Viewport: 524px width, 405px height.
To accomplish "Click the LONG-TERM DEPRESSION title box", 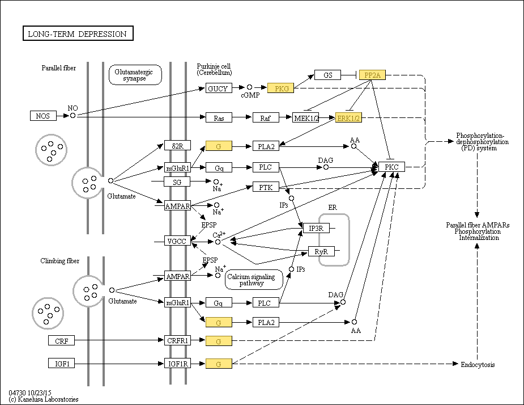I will pos(78,34).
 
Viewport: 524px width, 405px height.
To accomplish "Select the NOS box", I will pos(43,116).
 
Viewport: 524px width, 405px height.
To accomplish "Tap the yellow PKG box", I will pos(281,88).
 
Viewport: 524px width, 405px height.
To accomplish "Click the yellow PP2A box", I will pos(372,75).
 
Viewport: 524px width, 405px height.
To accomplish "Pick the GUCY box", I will pos(218,88).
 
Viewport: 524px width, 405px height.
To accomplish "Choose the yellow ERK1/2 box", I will pos(348,117).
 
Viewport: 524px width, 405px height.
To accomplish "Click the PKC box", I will pos(392,167).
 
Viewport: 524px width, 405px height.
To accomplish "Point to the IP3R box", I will pos(316,228).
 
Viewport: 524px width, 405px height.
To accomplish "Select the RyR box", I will pos(321,251).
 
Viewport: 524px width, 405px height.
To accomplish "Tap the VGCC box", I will pos(176,241).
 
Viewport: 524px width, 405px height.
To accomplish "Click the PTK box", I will pos(266,187).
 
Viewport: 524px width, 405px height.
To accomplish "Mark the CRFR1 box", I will pos(177,340).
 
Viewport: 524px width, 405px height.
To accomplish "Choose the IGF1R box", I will pos(177,363).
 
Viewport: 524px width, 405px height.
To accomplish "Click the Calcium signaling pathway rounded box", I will pos(254,280).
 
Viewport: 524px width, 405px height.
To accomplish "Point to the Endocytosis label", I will pos(478,365).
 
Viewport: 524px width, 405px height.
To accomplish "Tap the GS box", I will pos(328,75).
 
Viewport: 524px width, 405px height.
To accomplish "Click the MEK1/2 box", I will pos(306,117).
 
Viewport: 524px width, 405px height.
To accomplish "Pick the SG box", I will pos(177,182).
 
